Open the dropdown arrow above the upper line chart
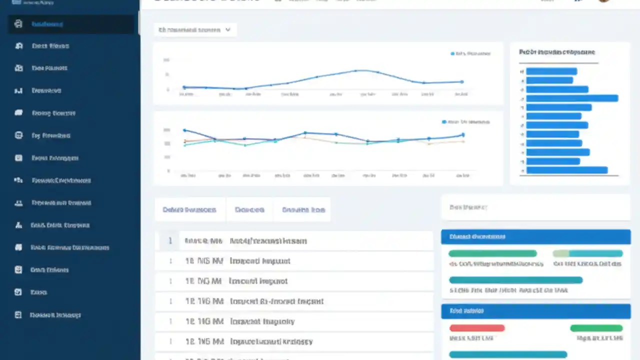tap(228, 30)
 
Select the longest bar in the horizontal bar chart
tap(572, 98)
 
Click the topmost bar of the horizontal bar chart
tap(551, 71)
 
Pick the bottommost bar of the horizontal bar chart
tap(567, 170)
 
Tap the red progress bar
tap(477, 328)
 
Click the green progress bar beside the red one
tap(596, 328)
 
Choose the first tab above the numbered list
tap(189, 210)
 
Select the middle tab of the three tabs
tap(249, 210)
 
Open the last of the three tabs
tap(303, 210)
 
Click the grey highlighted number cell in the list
tap(170, 241)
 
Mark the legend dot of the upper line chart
tap(452, 53)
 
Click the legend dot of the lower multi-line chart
tap(444, 121)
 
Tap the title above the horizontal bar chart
tap(557, 52)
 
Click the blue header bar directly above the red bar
tap(535, 311)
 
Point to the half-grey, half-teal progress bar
tap(587, 253)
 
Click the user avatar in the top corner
tap(605, 1)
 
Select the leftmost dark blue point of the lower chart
tap(184, 130)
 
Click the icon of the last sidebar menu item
tap(18, 315)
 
